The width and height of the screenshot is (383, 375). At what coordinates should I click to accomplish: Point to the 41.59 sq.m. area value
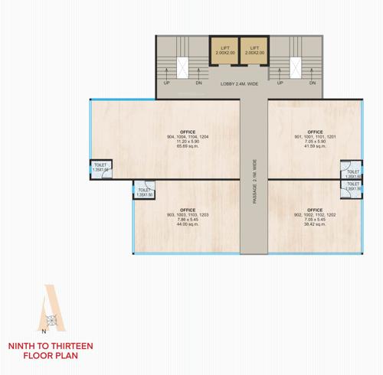coord(315,146)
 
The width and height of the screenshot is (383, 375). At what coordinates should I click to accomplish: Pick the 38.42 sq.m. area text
coord(315,225)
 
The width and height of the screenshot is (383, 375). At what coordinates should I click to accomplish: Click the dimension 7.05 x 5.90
coord(315,142)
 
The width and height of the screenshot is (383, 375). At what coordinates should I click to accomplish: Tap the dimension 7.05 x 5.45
coord(315,220)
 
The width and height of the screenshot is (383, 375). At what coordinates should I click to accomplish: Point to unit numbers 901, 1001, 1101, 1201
coord(315,137)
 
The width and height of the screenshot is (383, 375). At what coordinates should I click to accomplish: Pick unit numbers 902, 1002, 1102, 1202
coord(315,215)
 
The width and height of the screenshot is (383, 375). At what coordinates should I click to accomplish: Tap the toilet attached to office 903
coord(144,191)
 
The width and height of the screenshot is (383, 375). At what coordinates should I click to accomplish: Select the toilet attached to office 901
coord(352,169)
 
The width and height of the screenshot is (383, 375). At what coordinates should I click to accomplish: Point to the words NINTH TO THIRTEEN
coord(51,346)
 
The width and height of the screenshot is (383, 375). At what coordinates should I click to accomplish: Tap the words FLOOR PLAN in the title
coord(51,357)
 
